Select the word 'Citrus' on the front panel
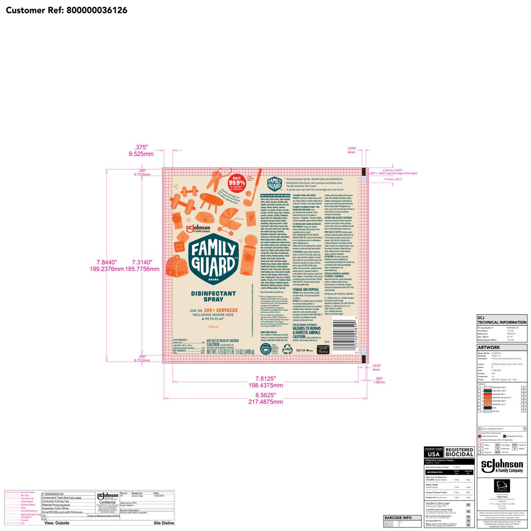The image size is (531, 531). [x=213, y=327]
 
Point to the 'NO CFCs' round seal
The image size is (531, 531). [x=265, y=349]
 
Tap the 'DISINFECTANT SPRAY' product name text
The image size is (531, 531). [x=213, y=296]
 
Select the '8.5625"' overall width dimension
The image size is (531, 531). [x=265, y=395]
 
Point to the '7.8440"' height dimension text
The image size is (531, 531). [x=107, y=262]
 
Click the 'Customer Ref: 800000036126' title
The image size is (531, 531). [x=67, y=10]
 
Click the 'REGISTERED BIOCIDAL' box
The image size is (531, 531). [x=459, y=452]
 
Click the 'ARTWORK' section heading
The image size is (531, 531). [x=489, y=347]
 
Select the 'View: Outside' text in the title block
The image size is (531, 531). [x=57, y=523]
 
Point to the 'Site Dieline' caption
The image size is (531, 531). [x=164, y=523]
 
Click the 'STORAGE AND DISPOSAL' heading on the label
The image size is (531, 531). [x=306, y=289]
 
